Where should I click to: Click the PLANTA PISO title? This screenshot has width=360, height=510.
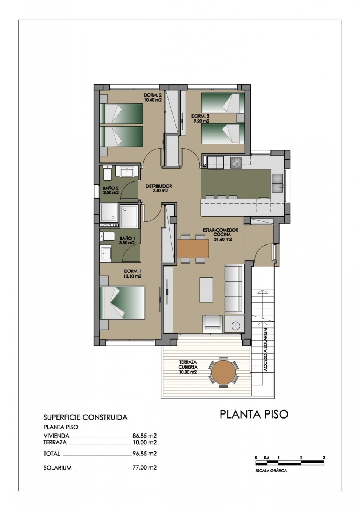click(254, 414)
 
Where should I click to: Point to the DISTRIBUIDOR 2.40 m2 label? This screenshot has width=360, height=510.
click(158, 188)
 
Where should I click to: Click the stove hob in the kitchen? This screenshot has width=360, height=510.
click(236, 162)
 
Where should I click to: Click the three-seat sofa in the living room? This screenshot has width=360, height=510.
click(234, 289)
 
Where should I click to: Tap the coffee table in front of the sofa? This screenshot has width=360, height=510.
click(206, 290)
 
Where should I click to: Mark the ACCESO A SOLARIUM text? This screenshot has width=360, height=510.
click(266, 349)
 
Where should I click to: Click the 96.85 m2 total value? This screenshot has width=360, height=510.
click(145, 454)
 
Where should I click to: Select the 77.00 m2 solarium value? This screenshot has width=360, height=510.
click(145, 467)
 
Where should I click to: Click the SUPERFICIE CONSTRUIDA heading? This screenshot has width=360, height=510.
click(85, 417)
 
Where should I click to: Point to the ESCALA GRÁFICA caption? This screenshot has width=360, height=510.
click(271, 471)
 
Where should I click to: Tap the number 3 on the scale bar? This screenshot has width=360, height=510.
click(324, 458)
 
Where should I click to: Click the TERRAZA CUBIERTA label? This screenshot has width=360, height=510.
click(188, 367)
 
